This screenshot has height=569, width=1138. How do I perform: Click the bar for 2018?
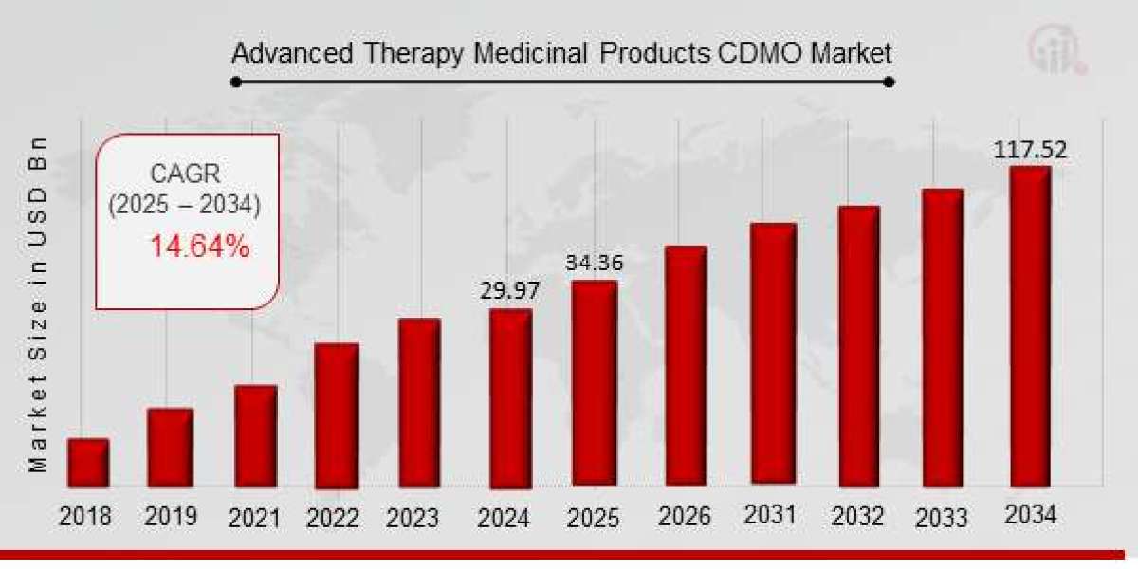pyautogui.click(x=88, y=462)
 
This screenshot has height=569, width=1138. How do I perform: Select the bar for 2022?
pyautogui.click(x=336, y=415)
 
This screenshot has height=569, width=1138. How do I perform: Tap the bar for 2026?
pyautogui.click(x=685, y=366)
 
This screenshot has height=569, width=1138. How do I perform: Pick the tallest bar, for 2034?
pyautogui.click(x=1029, y=325)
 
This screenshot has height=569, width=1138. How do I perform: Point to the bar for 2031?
pyautogui.click(x=773, y=355)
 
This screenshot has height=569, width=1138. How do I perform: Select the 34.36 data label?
pyautogui.click(x=595, y=263)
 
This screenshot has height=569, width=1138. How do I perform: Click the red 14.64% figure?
pyautogui.click(x=199, y=248)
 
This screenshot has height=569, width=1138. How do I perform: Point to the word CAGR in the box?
pyautogui.click(x=184, y=174)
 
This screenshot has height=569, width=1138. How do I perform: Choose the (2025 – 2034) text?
pyautogui.click(x=184, y=205)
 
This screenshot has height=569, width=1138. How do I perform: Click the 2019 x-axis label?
pyautogui.click(x=171, y=517)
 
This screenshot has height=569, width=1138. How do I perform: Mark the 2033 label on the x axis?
pyautogui.click(x=942, y=518)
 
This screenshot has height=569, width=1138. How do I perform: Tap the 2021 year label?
pyautogui.click(x=255, y=518)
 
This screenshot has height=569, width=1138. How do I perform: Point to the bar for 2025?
pyautogui.click(x=595, y=383)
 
